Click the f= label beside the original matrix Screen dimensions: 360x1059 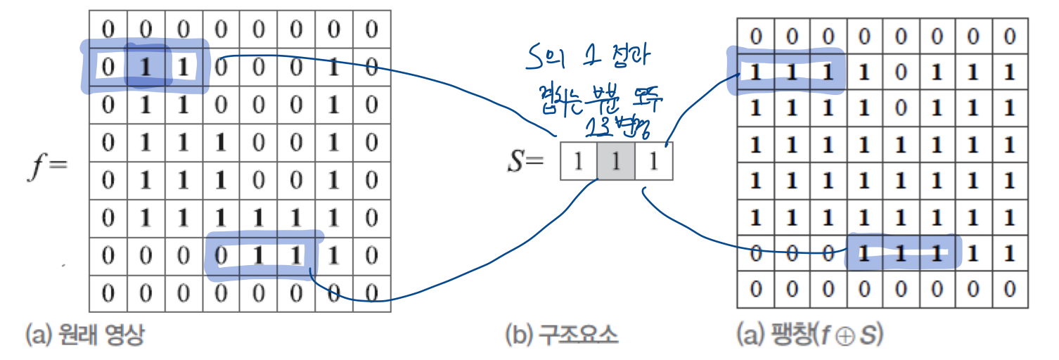[x=48, y=167]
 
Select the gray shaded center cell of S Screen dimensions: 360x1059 [x=616, y=162]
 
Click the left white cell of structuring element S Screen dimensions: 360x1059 [x=578, y=162]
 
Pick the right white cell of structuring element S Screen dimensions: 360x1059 [x=654, y=162]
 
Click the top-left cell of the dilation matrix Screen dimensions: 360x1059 [x=756, y=37]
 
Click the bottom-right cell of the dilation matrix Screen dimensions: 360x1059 [x=1010, y=288]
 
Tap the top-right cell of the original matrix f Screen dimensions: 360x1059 [x=372, y=30]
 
